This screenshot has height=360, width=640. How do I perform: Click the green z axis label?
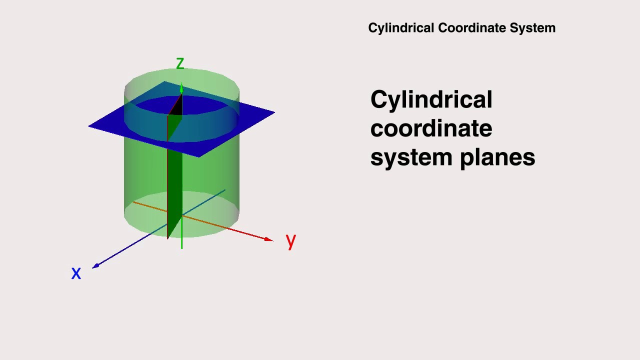click(x=180, y=63)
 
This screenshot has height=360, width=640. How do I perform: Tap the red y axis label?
click(x=291, y=240)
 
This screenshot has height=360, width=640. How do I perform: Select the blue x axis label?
click(x=76, y=273)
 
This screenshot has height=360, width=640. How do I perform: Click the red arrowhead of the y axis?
click(x=269, y=239)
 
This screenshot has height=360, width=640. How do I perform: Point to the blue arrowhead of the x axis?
click(x=95, y=265)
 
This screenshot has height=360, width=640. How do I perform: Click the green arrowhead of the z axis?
click(x=181, y=89)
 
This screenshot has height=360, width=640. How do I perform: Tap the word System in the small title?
click(x=532, y=28)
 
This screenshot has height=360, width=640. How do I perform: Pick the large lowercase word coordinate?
click(x=431, y=128)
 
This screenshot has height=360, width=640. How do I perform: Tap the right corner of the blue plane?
click(x=273, y=112)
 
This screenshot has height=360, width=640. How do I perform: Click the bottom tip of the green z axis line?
click(x=181, y=247)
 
